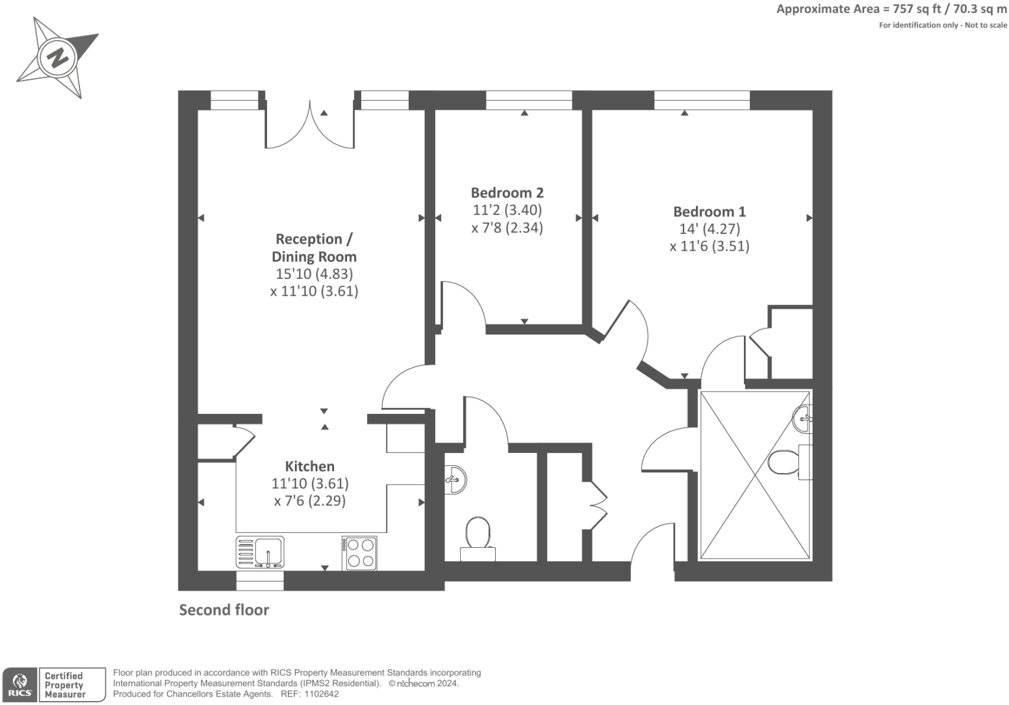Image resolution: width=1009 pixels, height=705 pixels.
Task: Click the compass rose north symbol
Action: (x=57, y=57)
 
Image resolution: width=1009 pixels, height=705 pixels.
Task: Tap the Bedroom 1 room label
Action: (x=709, y=212)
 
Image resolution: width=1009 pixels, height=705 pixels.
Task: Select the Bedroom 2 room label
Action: (x=507, y=193)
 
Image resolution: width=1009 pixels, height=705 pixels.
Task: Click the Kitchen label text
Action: (x=310, y=467)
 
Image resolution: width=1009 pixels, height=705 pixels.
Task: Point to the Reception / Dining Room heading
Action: (x=314, y=248)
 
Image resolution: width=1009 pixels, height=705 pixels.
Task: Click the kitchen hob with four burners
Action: (x=360, y=552)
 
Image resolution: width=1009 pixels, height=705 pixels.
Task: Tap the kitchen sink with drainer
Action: (x=260, y=552)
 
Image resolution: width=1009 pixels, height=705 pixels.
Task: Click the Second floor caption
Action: (x=224, y=610)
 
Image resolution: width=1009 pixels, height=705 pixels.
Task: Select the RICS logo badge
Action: (x=20, y=685)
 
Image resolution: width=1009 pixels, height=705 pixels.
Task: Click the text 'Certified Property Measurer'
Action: (x=65, y=685)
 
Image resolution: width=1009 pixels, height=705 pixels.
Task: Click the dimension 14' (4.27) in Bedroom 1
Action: (x=709, y=229)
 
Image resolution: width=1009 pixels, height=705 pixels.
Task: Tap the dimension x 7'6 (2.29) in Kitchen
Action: (x=310, y=501)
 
